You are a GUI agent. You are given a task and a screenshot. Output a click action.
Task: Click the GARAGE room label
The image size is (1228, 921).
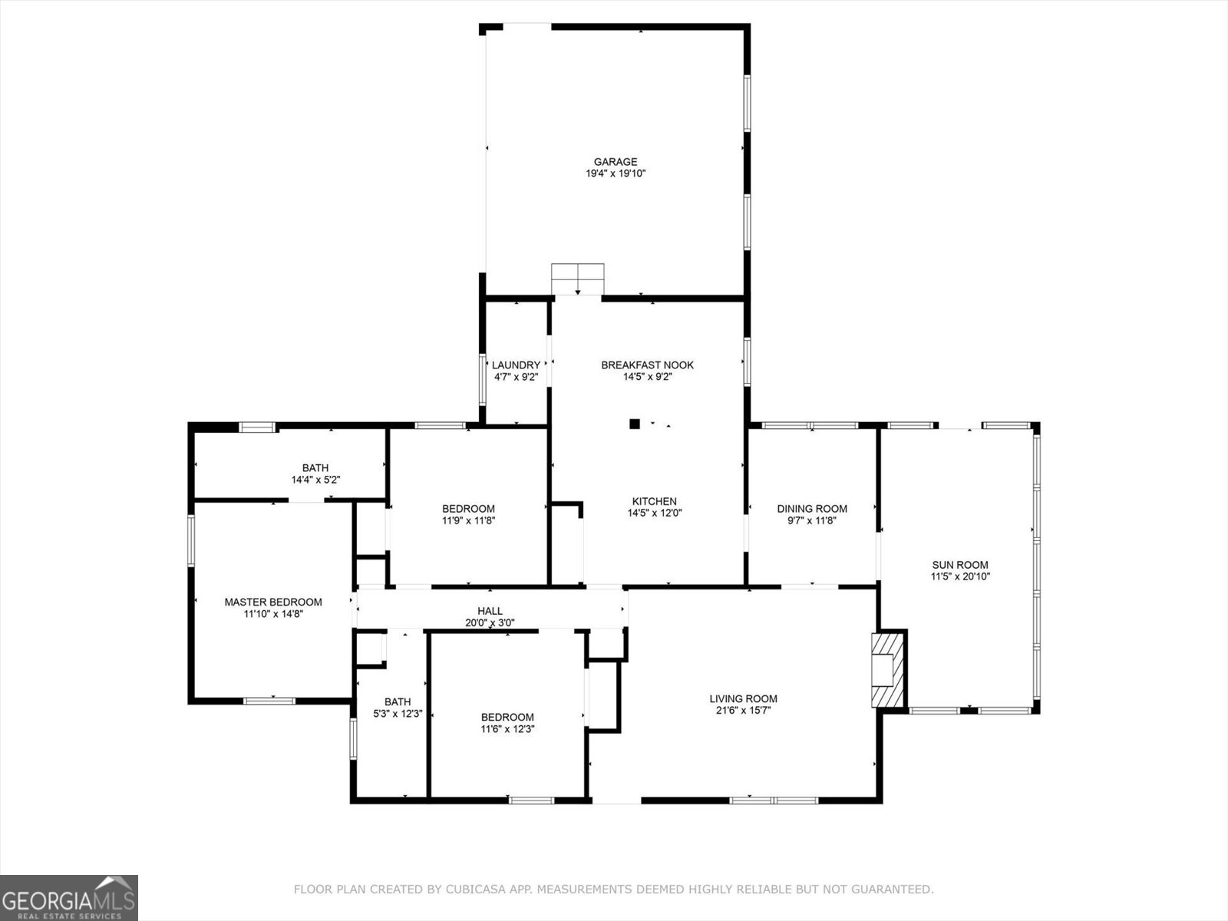tap(615, 162)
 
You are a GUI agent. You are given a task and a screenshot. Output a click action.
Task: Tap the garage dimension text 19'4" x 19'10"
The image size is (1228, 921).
tap(615, 174)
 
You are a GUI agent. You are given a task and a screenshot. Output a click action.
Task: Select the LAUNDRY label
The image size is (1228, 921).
tap(516, 365)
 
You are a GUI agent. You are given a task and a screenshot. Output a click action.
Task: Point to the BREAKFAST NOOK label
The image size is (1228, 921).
tap(647, 365)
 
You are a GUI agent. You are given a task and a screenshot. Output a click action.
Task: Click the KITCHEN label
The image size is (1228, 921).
tap(654, 501)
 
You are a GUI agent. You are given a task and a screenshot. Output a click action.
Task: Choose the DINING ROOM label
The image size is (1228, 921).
tap(812, 509)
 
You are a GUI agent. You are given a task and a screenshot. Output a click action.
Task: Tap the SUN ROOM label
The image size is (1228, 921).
tap(960, 565)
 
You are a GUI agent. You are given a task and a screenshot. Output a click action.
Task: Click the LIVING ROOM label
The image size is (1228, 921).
tap(743, 698)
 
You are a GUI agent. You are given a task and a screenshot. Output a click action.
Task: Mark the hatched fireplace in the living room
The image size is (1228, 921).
tap(889, 669)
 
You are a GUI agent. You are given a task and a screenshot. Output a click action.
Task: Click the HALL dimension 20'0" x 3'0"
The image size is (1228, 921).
tap(490, 623)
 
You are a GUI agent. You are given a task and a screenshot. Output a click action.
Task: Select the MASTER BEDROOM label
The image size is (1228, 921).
tap(272, 602)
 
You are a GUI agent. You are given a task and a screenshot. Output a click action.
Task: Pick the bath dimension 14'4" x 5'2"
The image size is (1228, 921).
tap(315, 480)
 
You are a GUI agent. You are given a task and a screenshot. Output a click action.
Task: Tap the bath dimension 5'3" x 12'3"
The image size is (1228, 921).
tap(398, 714)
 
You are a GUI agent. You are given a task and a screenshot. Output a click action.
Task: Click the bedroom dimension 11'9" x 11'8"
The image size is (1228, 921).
tap(468, 520)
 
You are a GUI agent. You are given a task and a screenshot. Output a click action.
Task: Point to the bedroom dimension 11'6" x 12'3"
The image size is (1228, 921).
tap(507, 729)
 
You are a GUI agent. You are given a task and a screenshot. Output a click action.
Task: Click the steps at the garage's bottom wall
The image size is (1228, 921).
tap(578, 278)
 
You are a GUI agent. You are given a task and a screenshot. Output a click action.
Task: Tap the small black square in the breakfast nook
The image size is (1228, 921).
tap(635, 423)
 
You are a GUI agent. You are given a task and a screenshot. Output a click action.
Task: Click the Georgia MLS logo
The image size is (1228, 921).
tap(69, 897)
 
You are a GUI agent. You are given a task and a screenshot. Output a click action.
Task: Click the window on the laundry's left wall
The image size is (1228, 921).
tap(482, 379)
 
